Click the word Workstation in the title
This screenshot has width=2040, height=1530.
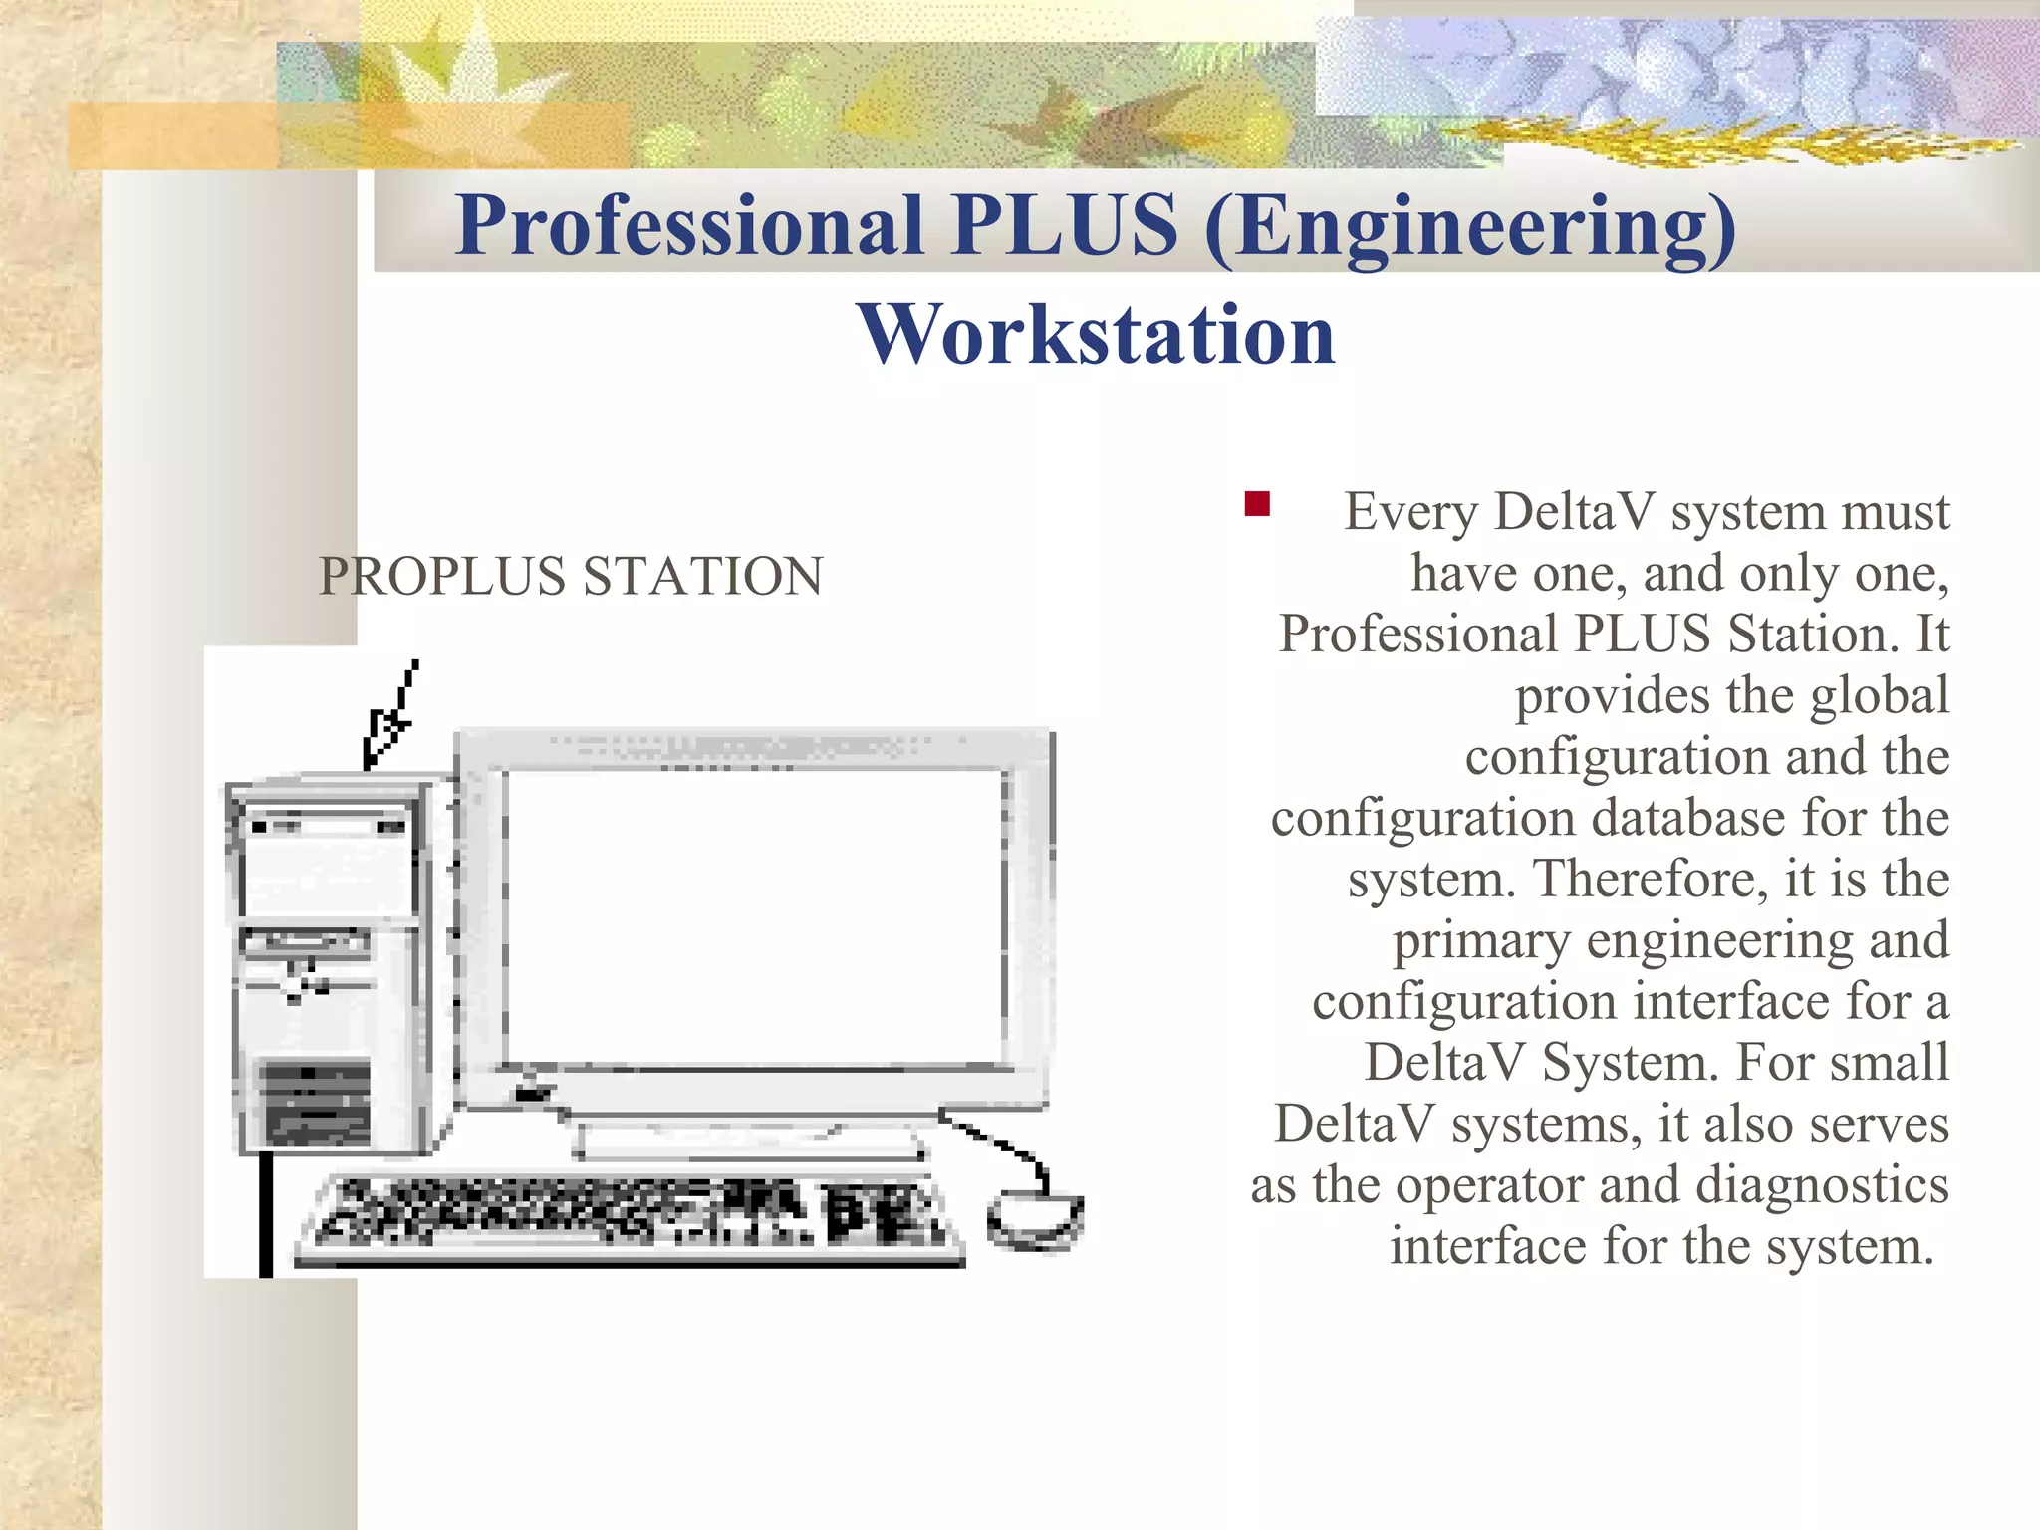[x=1096, y=335]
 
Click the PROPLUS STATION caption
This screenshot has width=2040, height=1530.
[x=571, y=576]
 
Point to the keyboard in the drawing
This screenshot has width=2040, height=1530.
[x=630, y=1217]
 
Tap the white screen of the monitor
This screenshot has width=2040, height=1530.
[x=754, y=916]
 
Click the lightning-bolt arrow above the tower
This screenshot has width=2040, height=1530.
[x=390, y=717]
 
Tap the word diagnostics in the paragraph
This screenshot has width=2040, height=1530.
[x=1821, y=1185]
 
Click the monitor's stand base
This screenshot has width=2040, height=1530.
[x=752, y=1143]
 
